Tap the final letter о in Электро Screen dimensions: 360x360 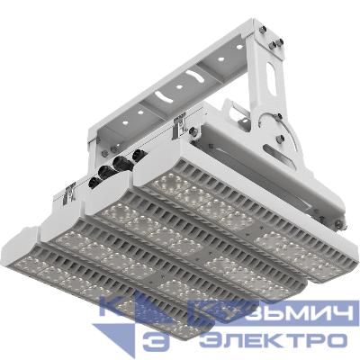tap(335, 341)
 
